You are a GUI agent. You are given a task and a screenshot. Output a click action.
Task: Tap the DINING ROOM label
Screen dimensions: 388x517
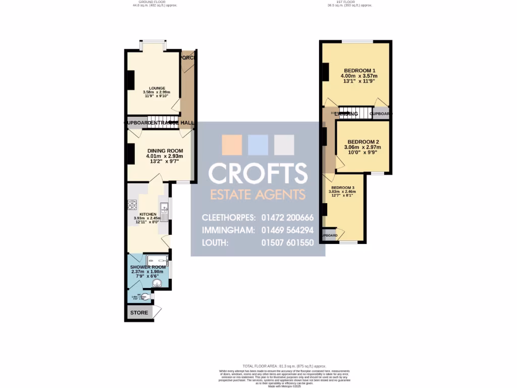(x=165, y=151)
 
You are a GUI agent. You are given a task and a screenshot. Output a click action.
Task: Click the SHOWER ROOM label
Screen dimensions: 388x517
(x=148, y=267)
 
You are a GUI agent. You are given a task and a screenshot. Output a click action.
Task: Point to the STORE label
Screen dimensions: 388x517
(x=139, y=313)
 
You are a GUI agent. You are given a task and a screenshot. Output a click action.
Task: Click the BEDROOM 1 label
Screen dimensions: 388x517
(x=359, y=70)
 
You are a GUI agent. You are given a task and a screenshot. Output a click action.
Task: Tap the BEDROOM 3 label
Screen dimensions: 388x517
(x=342, y=187)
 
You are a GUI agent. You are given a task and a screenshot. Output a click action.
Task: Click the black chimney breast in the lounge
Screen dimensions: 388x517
(x=131, y=80)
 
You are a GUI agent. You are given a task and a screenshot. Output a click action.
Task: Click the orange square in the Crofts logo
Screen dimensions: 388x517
(x=232, y=145)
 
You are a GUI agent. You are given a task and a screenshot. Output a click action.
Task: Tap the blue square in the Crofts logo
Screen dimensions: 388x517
(x=258, y=145)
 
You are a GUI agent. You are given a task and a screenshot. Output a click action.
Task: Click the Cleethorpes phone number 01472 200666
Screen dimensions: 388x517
(x=288, y=218)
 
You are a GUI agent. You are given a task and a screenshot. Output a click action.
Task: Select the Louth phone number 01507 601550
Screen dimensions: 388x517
(x=288, y=243)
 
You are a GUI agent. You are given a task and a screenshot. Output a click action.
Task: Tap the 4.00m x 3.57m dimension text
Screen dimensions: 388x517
(x=359, y=76)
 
